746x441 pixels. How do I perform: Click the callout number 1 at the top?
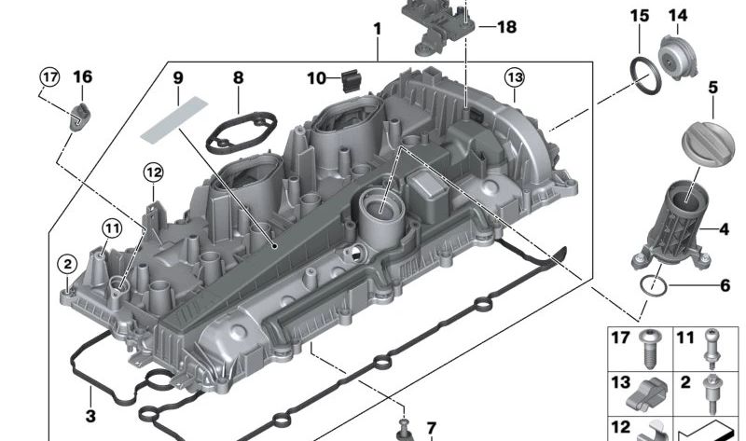pos(377,29)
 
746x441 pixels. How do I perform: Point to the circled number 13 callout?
pos(515,76)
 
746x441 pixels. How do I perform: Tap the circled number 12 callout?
pos(152,172)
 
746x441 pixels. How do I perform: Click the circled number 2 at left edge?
pos(66,264)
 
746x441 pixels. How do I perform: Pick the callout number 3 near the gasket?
pos(90,416)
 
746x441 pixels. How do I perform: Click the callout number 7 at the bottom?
pos(431,428)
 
